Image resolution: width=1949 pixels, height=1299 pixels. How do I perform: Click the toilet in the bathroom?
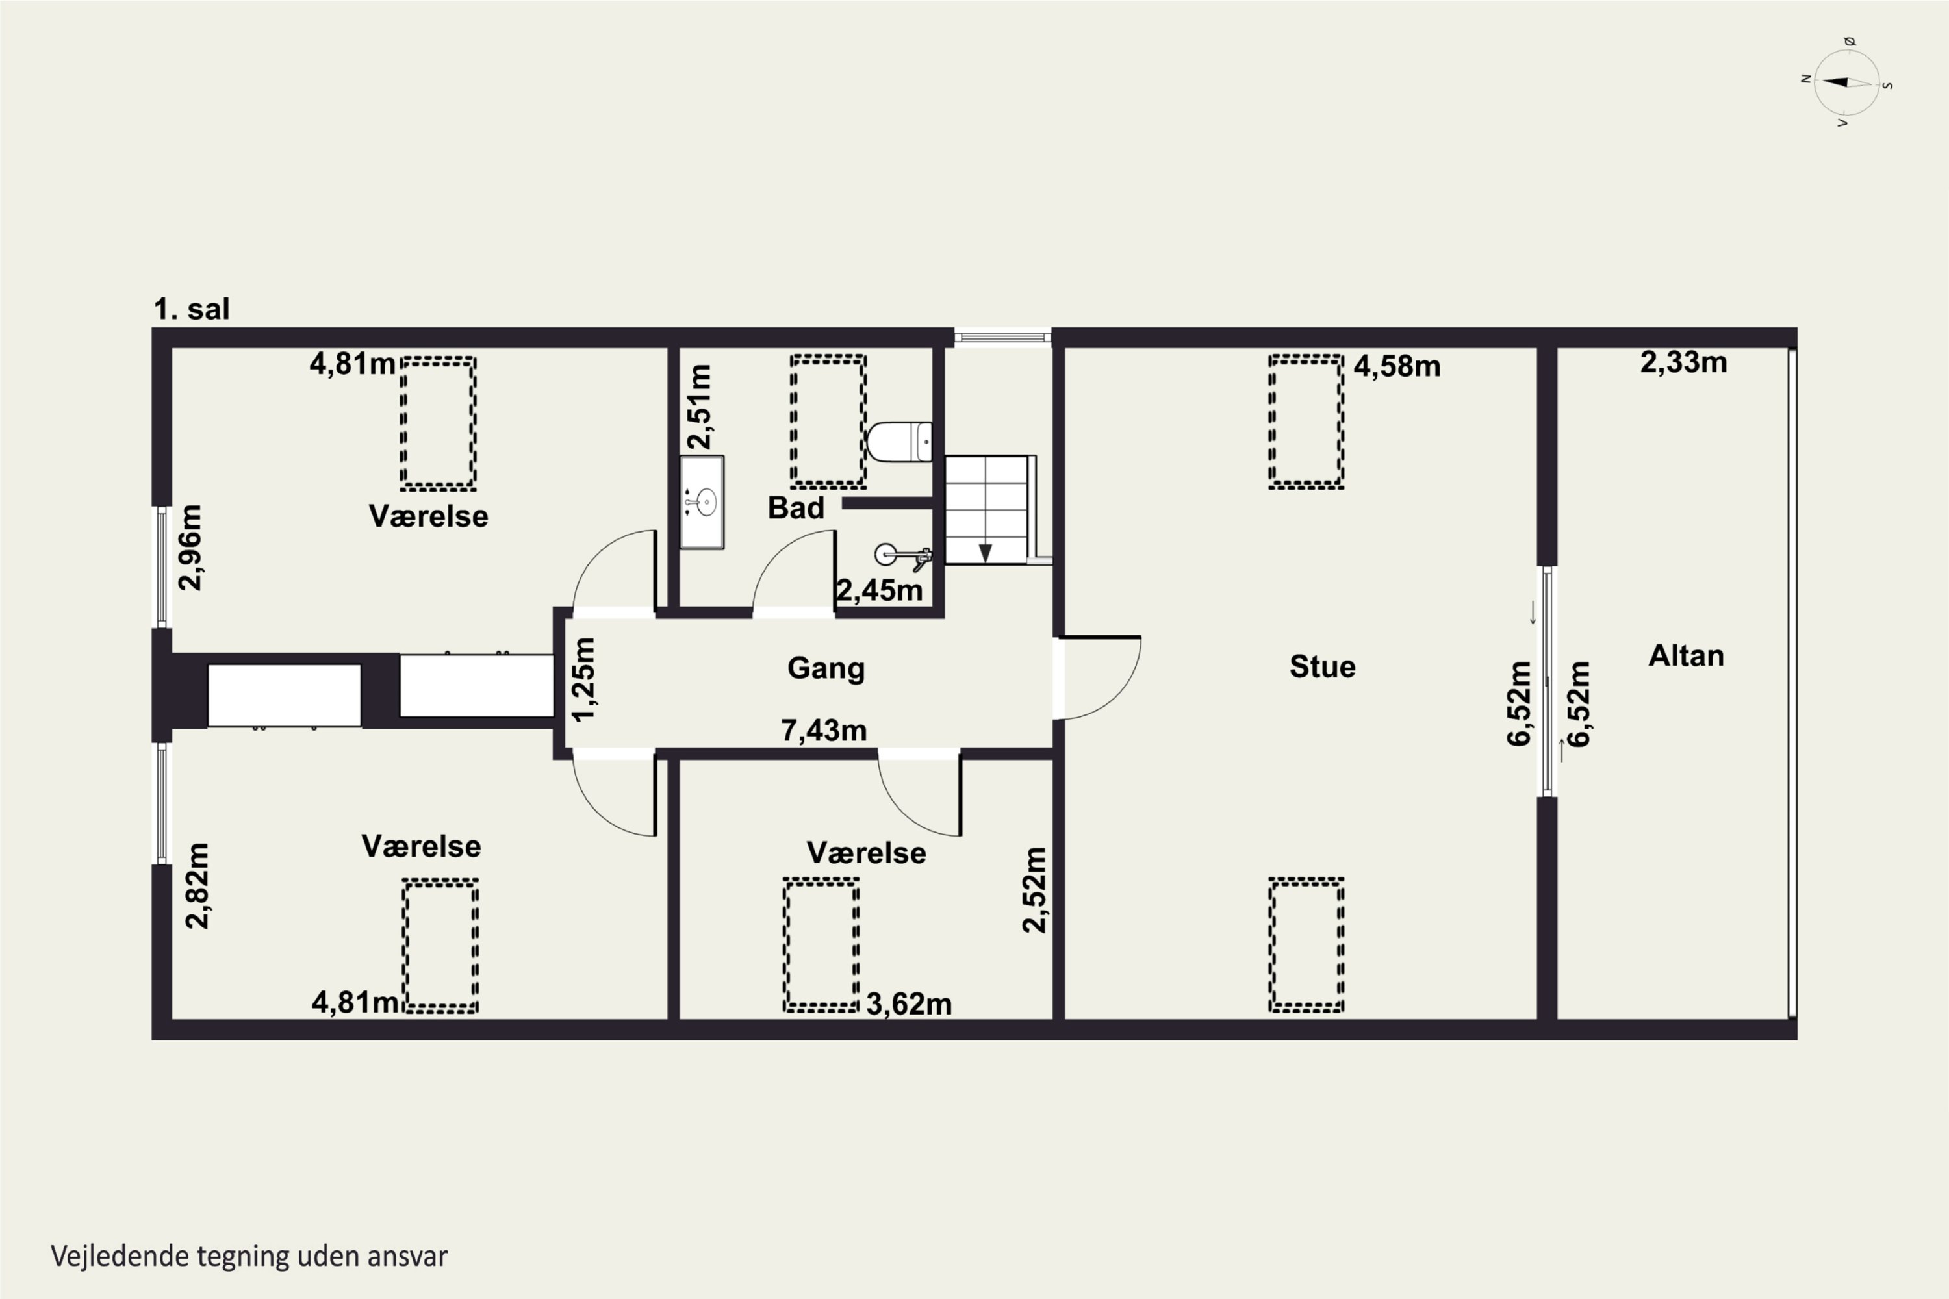(900, 442)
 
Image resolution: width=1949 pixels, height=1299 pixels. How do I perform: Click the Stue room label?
(1323, 667)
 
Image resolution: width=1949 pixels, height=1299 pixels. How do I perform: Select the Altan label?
(1687, 656)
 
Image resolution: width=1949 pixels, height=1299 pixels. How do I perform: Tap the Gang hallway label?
(826, 668)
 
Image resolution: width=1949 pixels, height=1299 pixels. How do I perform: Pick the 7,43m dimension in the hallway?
(824, 731)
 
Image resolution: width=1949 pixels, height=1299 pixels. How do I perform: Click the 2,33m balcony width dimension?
(1684, 362)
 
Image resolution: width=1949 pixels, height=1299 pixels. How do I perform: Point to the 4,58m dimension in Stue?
(1397, 366)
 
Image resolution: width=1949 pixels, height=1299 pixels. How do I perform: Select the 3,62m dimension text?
(909, 1004)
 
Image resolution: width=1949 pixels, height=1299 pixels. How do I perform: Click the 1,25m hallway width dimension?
(584, 679)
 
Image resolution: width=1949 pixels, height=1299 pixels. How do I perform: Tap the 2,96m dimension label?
(190, 547)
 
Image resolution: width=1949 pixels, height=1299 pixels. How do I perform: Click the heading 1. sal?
(192, 309)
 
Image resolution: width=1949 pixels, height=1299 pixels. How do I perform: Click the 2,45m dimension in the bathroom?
(879, 590)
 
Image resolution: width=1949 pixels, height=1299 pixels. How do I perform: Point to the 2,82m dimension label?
(197, 886)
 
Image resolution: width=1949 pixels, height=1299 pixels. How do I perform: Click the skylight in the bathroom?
(828, 421)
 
